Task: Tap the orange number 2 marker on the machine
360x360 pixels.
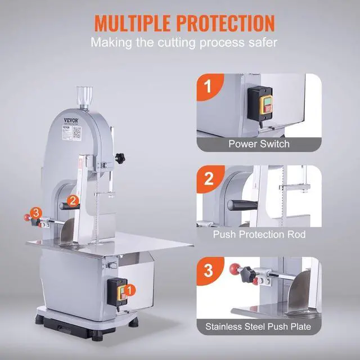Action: click(72, 200)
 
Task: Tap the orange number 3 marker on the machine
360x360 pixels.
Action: click(36, 212)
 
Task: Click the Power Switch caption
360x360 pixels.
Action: click(259, 143)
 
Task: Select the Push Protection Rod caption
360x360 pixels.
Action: click(259, 234)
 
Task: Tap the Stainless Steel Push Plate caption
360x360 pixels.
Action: click(259, 325)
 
